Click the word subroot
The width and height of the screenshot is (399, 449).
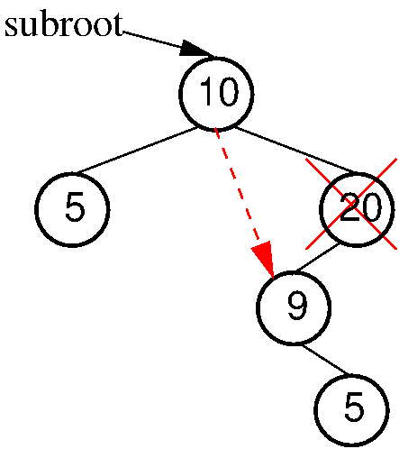pos(64,24)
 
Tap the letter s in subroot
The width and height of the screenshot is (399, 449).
pos(11,28)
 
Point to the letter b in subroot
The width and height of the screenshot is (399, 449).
pos(45,24)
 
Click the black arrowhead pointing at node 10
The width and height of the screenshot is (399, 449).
pos(196,49)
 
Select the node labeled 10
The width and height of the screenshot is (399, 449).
pos(216,94)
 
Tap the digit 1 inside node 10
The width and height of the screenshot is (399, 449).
pos(205,91)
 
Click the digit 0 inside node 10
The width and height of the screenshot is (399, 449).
pos(227,91)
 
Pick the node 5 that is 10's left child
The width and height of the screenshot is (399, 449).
pos(72,210)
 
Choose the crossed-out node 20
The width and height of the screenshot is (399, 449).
pos(357,209)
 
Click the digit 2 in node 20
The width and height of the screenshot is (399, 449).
pos(350,207)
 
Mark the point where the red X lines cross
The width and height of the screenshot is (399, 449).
pos(351,204)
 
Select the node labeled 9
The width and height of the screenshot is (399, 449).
pos(294,307)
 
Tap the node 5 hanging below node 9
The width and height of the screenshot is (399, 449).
pos(351,410)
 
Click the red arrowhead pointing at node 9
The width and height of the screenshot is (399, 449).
pos(263,259)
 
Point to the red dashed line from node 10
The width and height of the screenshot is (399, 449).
pos(237,187)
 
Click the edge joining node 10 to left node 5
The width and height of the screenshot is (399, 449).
pos(137,151)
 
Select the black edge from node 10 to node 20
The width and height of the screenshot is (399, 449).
pos(295,151)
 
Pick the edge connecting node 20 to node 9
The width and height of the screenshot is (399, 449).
pos(317,258)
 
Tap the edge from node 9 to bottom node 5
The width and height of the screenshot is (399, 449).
pos(326,360)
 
